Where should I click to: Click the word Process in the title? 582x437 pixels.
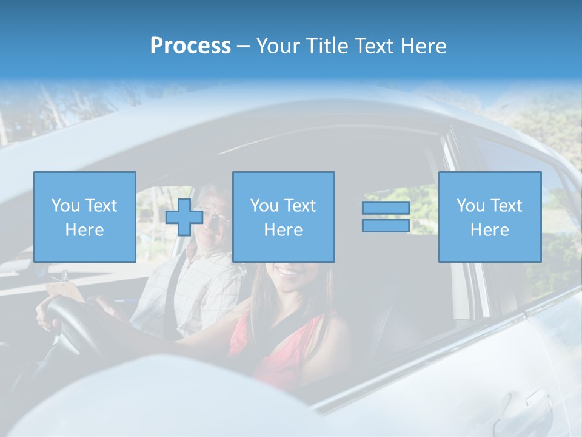click(x=190, y=46)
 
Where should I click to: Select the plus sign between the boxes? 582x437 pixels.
click(x=184, y=217)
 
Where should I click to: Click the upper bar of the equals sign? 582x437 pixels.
click(x=386, y=208)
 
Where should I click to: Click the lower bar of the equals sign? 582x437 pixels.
click(x=386, y=226)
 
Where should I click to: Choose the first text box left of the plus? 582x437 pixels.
click(x=84, y=217)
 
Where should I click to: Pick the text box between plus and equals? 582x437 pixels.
click(x=283, y=217)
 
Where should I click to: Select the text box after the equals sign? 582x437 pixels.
click(x=489, y=217)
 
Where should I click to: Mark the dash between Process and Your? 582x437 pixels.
click(x=243, y=46)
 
